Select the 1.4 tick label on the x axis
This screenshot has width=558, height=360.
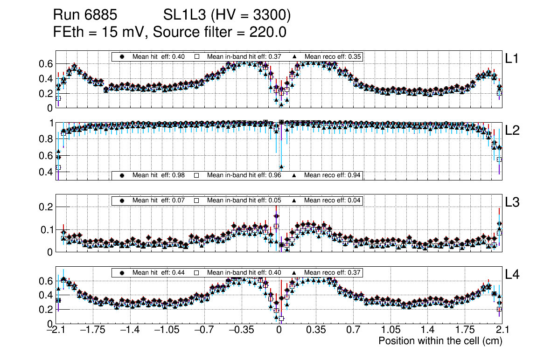pos(427,330)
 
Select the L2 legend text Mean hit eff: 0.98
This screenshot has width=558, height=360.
pos(159,175)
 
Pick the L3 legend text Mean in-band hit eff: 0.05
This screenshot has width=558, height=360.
pos(244,201)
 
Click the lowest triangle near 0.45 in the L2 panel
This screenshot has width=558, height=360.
pos(281,166)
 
